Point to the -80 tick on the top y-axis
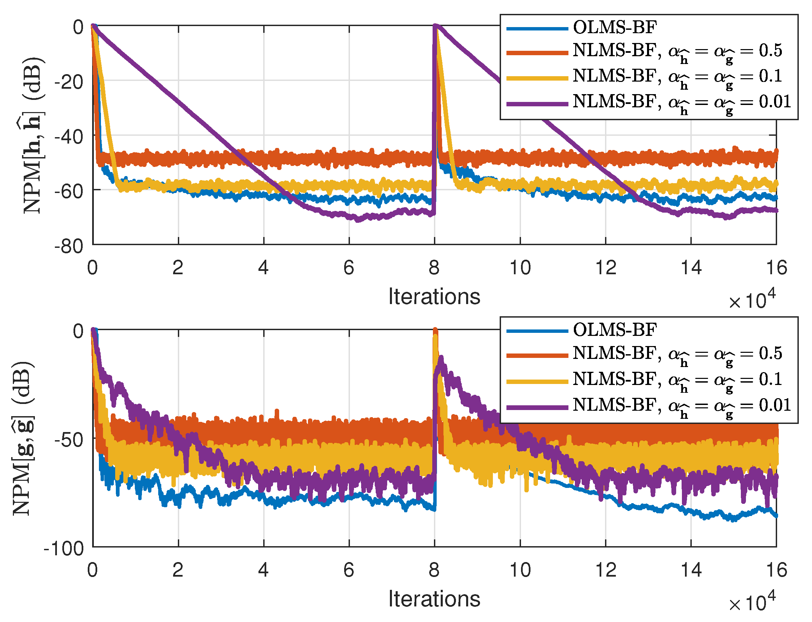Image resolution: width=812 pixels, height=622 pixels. click(69, 246)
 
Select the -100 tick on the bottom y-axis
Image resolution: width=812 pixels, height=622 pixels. click(64, 548)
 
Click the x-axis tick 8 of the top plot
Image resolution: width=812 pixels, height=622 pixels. click(434, 267)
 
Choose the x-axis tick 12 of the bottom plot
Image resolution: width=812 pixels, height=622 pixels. click(605, 570)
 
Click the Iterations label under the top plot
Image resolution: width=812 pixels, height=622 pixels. click(434, 297)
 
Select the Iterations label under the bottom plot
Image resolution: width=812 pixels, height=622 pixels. click(434, 599)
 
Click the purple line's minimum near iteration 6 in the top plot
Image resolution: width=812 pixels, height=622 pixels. click(358, 221)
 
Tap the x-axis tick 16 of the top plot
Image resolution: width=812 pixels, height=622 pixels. click(776, 267)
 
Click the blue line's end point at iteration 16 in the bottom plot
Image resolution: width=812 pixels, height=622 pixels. click(776, 516)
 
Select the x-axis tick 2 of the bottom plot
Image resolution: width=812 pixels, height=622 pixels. click(178, 570)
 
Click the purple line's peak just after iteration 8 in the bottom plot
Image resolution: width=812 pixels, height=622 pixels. click(441, 358)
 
